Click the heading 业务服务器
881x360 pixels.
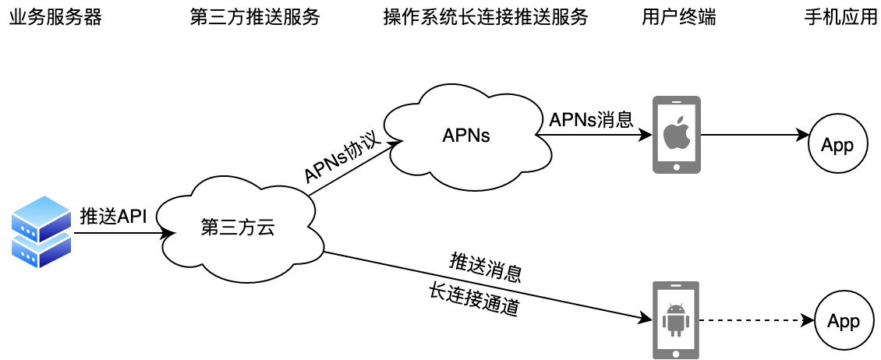tap(55, 18)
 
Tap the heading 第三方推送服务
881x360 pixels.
tap(255, 18)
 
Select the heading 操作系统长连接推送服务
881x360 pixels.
tap(486, 18)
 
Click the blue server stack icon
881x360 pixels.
tap(41, 231)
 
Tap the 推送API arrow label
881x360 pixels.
tap(114, 217)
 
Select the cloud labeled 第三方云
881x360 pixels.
tap(238, 228)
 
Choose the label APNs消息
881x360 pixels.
tap(590, 118)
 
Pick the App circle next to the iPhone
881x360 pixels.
tap(837, 145)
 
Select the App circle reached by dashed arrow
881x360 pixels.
tap(843, 321)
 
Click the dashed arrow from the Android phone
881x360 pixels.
tap(753, 320)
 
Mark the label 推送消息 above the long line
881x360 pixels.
tap(486, 266)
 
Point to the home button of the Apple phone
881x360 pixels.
tap(676, 165)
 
